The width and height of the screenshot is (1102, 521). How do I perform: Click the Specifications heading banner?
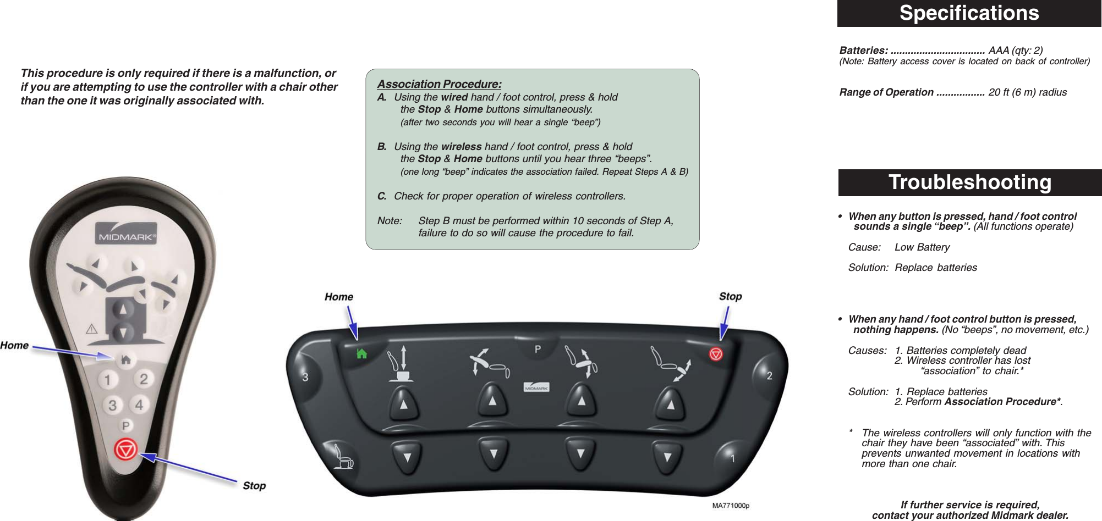click(969, 13)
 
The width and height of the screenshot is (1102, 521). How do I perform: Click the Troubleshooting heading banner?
click(969, 182)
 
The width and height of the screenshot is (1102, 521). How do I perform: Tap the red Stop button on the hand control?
click(125, 450)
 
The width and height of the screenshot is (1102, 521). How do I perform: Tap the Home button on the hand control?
click(126, 360)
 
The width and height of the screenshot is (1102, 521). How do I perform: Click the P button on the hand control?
click(126, 425)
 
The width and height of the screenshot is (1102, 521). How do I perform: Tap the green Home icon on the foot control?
click(361, 354)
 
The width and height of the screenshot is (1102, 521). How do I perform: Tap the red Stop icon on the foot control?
click(716, 354)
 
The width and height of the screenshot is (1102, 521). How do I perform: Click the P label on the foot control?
click(538, 349)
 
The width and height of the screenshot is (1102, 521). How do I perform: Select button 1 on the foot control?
click(732, 458)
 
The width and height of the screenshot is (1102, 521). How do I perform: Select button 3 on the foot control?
click(306, 377)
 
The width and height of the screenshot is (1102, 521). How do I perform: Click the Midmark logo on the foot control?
click(536, 387)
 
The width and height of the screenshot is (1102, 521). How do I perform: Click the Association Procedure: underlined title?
click(439, 84)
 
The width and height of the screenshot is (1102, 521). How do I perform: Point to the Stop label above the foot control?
click(730, 296)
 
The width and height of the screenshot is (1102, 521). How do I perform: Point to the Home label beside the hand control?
click(14, 345)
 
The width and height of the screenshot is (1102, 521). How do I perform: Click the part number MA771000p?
click(730, 505)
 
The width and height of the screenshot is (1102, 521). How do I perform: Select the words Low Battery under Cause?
click(922, 247)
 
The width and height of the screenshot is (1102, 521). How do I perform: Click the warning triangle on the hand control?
click(91, 329)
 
